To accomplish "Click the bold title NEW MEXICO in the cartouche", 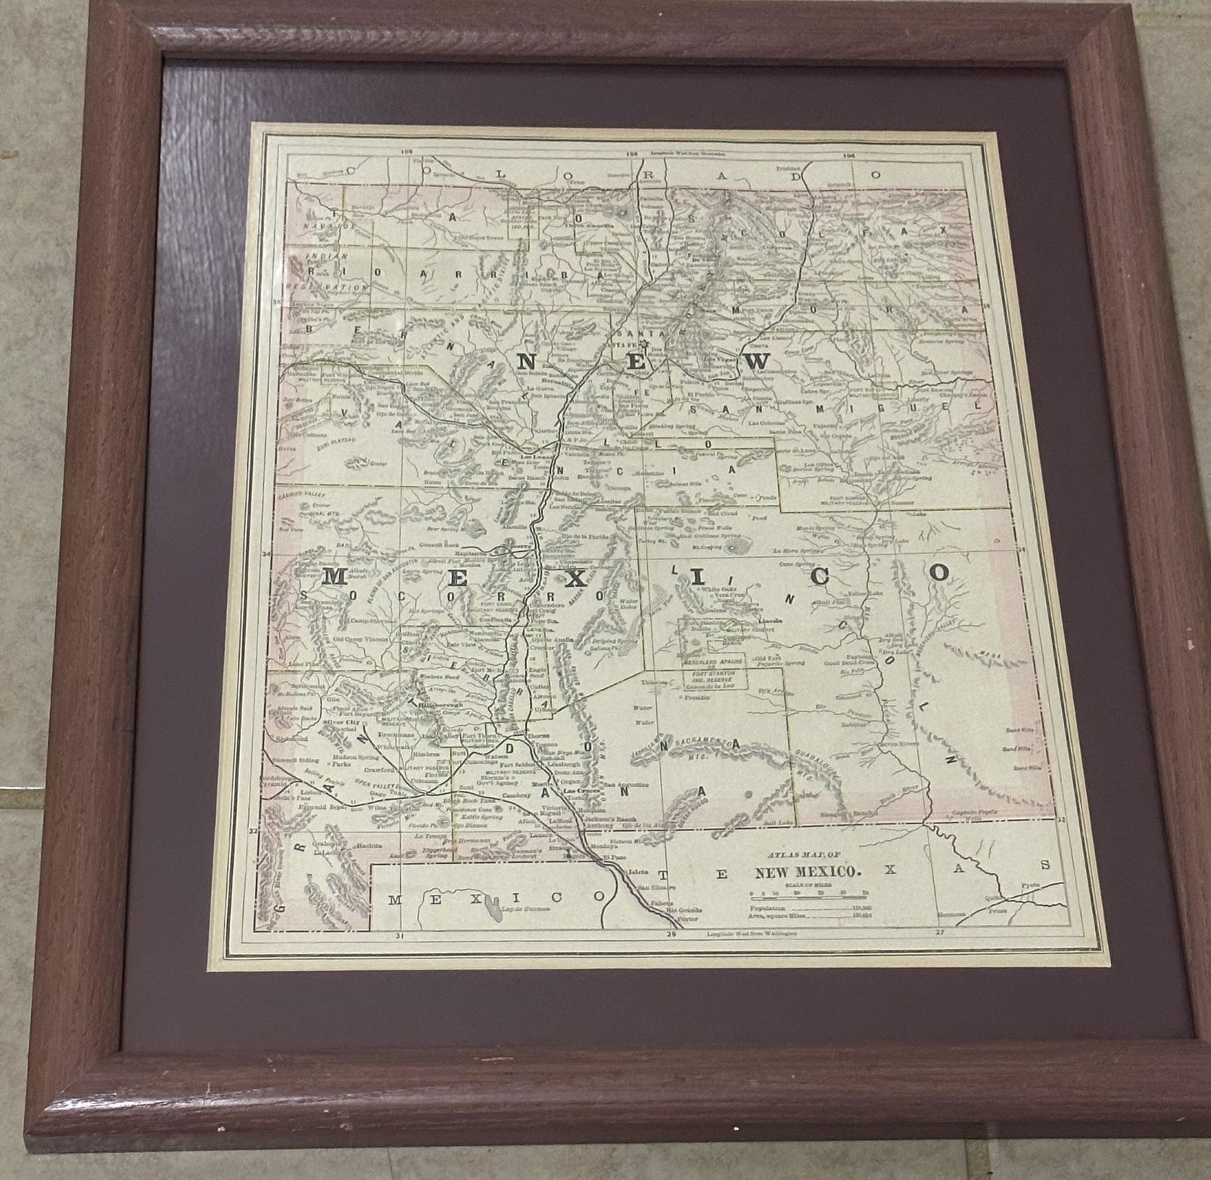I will [809, 872].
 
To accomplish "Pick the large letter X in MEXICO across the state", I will [577, 578].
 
